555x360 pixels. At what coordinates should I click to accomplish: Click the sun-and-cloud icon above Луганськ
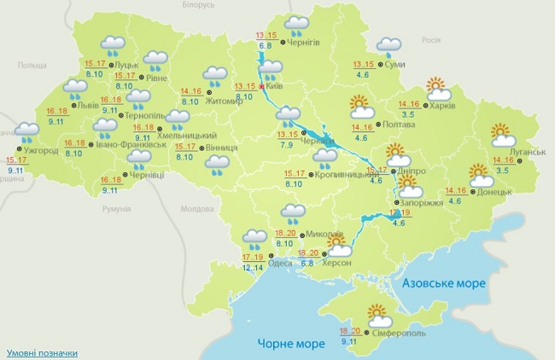(x=505, y=134)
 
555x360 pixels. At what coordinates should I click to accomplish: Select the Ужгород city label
(x=41, y=151)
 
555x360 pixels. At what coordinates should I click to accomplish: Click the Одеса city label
(x=280, y=263)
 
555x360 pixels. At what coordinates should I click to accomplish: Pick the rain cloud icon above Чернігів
(x=296, y=25)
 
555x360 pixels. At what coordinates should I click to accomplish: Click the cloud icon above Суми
(x=389, y=46)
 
